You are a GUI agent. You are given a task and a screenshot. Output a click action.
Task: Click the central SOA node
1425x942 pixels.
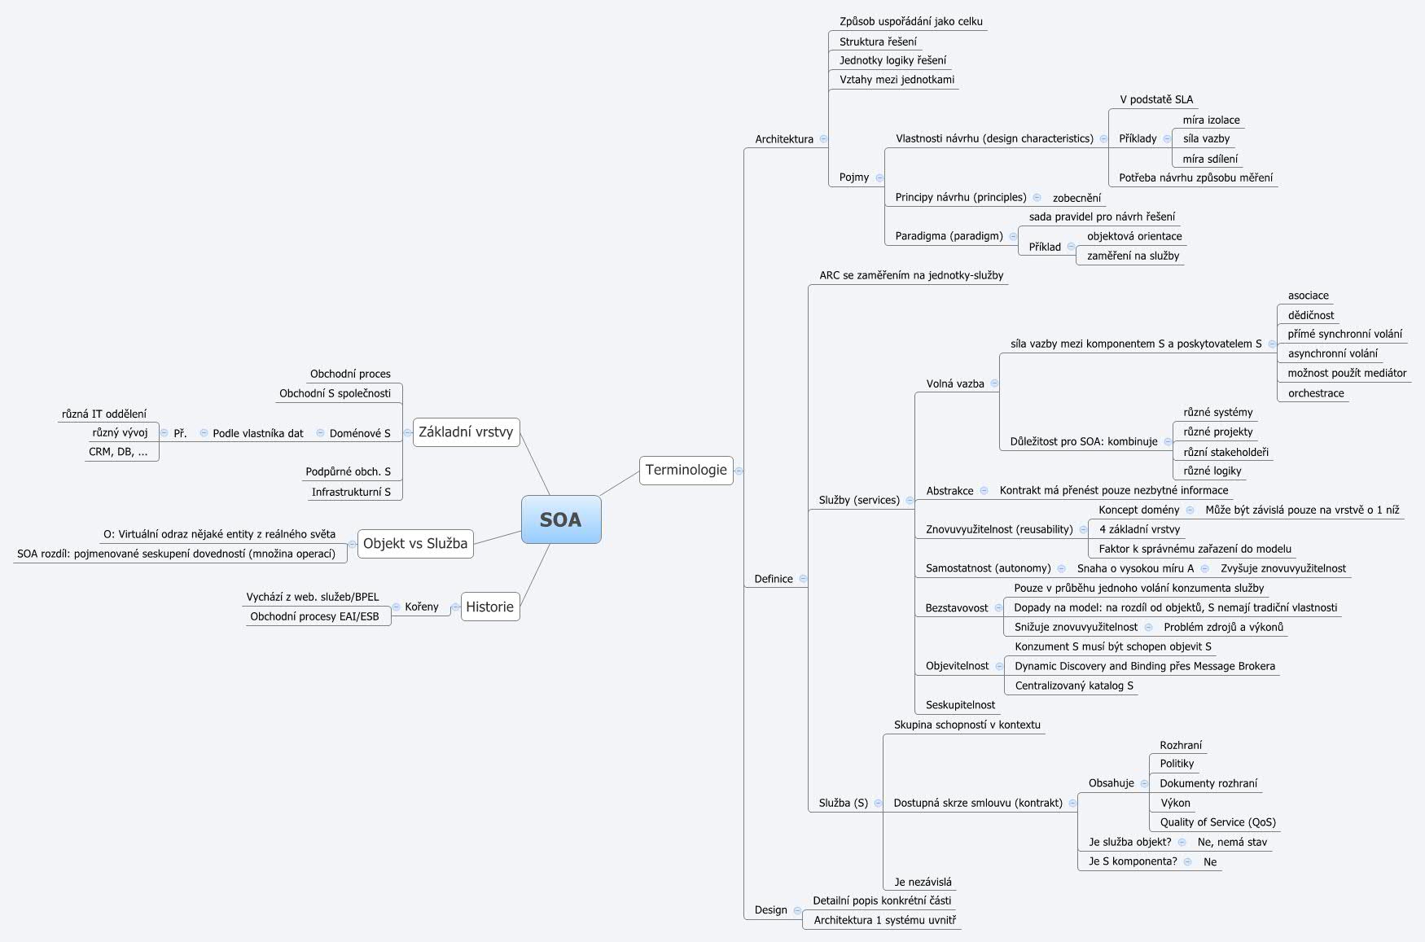tap(561, 519)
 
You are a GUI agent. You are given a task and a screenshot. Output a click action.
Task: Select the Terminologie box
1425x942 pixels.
tap(686, 470)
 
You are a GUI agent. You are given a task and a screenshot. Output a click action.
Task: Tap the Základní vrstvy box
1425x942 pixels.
tap(466, 432)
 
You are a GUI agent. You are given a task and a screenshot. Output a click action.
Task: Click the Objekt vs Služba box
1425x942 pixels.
tap(415, 543)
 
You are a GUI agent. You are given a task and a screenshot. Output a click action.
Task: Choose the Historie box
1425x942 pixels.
tap(489, 607)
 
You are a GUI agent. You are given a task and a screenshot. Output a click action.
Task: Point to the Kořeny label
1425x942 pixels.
tap(421, 607)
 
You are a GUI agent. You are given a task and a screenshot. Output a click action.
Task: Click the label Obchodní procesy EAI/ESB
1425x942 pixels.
tap(314, 616)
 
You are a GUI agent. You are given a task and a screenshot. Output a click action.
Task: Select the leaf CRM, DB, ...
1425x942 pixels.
tap(118, 451)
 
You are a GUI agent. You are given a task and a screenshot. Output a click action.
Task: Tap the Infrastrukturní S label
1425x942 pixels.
tap(351, 492)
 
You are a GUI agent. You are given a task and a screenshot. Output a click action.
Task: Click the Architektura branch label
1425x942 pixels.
tap(783, 139)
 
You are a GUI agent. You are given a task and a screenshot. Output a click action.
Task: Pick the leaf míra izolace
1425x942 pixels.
tap(1211, 120)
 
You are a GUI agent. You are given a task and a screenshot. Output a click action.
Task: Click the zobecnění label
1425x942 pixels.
tap(1076, 198)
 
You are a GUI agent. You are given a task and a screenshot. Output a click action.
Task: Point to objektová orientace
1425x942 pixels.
tap(1133, 236)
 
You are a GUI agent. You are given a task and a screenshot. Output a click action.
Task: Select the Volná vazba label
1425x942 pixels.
tap(954, 383)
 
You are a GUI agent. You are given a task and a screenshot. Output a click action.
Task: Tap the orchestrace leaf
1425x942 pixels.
tap(1315, 393)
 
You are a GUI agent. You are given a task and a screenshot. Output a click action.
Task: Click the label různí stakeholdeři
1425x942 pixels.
tap(1225, 452)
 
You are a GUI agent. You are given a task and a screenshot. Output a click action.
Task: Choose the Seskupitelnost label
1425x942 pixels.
tap(960, 705)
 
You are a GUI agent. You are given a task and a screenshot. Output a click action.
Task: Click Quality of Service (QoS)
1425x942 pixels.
tap(1217, 822)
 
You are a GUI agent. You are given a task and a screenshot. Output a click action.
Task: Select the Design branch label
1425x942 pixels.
tap(770, 910)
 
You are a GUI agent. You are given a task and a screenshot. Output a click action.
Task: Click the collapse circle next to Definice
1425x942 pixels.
tap(803, 579)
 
